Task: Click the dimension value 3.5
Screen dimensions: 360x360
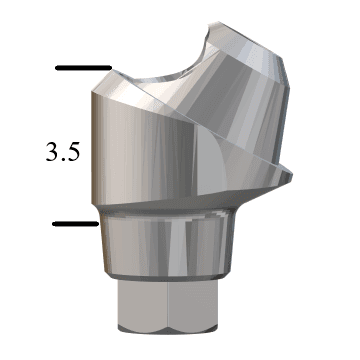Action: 63,152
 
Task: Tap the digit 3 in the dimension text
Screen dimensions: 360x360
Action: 52,152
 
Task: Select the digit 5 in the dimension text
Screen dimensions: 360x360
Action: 75,152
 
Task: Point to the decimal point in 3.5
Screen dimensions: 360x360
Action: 64,159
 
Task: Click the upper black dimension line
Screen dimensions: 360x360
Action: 83,68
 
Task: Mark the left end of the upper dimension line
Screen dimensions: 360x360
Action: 57,68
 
